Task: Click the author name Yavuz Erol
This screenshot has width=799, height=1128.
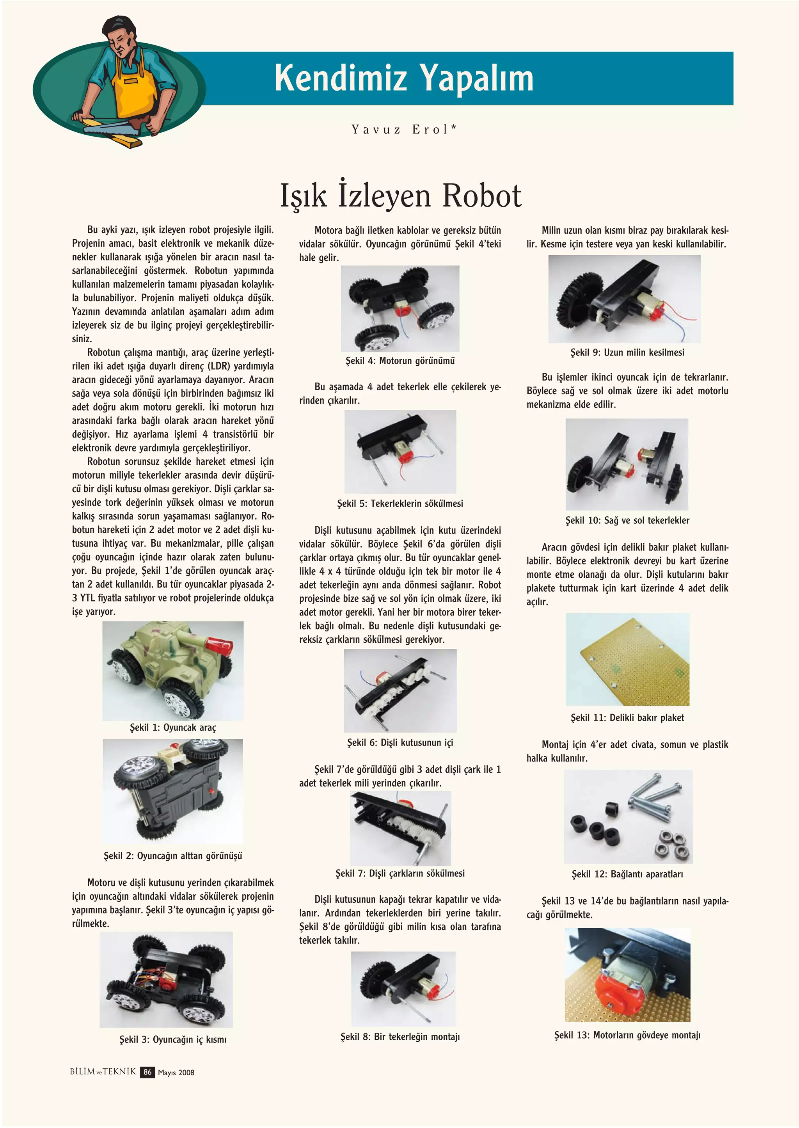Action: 403,130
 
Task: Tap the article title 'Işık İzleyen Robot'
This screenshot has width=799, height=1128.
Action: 401,196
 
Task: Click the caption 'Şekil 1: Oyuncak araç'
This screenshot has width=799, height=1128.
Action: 173,728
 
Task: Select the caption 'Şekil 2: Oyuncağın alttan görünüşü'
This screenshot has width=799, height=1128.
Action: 173,856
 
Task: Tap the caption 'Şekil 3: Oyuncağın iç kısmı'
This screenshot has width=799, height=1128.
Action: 173,1039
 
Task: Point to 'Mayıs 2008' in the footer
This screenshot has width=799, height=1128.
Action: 176,1073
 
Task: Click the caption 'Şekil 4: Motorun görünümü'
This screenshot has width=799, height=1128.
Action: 400,361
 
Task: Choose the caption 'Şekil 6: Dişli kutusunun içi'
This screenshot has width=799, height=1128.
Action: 400,743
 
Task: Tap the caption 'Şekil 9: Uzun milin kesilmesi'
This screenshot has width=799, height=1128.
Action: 627,352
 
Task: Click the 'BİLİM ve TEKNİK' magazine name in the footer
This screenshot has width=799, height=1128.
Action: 103,1071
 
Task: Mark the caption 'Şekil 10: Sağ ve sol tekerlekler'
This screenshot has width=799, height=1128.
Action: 627,520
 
